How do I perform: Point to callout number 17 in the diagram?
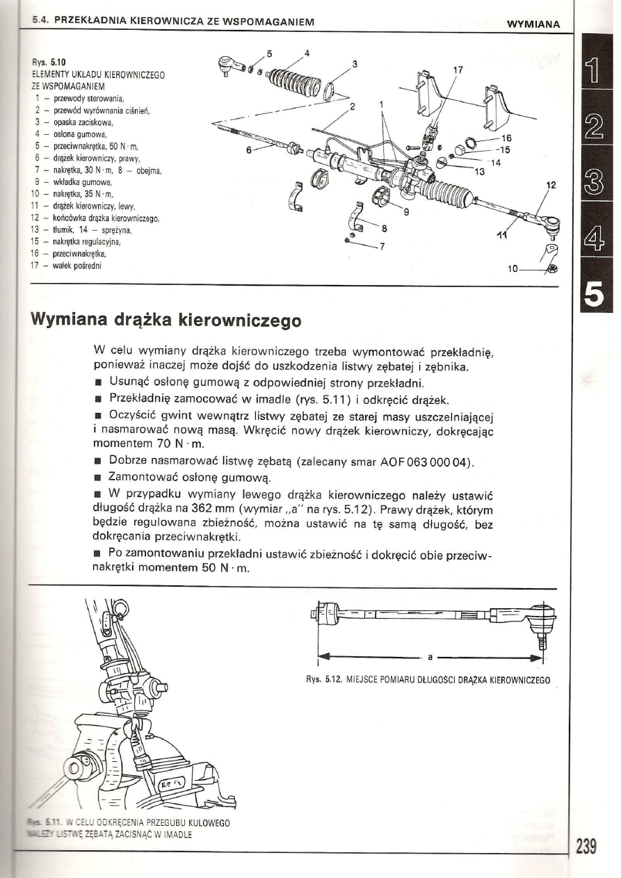click(x=458, y=70)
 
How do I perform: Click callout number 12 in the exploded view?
click(x=551, y=186)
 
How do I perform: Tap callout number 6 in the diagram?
click(x=249, y=150)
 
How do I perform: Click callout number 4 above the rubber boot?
click(x=307, y=53)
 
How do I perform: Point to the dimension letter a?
click(x=430, y=656)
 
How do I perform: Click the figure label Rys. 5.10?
click(x=45, y=62)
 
